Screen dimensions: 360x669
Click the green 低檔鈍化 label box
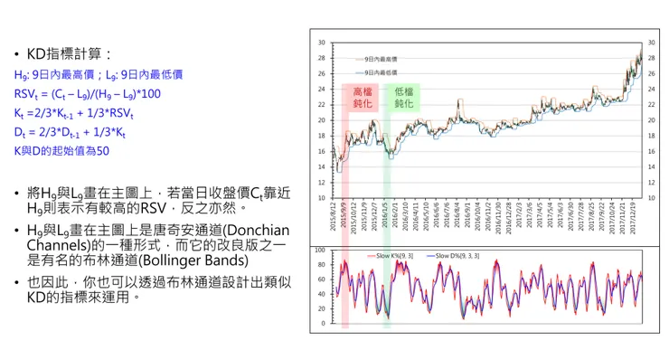[x=404, y=98]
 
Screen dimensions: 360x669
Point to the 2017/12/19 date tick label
[x=639, y=218]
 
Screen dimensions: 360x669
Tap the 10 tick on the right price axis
[x=653, y=197]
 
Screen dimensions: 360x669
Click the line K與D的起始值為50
[x=61, y=151]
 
